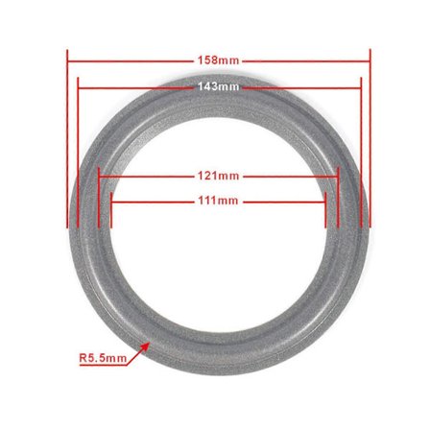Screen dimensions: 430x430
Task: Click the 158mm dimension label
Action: (x=218, y=60)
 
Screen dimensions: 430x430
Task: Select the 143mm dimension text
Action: (x=218, y=86)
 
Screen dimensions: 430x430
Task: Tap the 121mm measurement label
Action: (x=218, y=177)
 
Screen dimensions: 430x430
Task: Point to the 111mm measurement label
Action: (x=218, y=201)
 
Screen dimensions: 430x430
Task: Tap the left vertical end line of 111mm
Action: (x=110, y=211)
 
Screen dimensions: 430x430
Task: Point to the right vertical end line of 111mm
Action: (x=326, y=211)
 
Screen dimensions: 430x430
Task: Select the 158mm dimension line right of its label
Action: (x=307, y=60)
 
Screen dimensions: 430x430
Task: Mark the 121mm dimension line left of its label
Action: (x=144, y=177)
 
